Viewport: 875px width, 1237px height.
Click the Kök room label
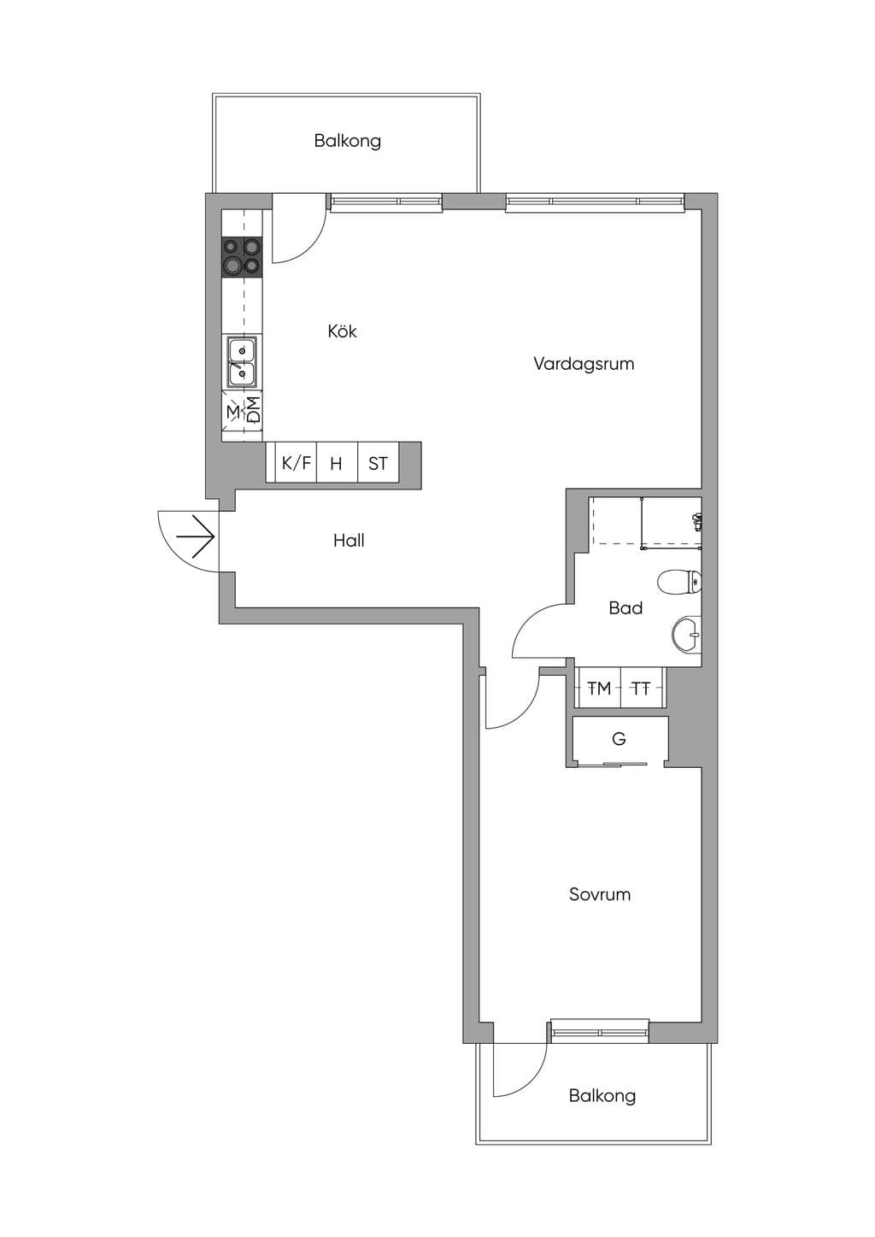coord(342,331)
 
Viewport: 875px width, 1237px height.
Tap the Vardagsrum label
coord(584,363)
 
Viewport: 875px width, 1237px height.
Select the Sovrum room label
coord(599,894)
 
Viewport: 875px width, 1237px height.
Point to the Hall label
coord(349,540)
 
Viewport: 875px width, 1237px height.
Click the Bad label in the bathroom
coord(625,608)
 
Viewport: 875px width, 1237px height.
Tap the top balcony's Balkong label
coord(348,141)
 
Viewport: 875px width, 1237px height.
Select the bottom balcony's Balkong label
coord(602,1096)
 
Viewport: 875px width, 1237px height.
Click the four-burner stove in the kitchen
coord(242,257)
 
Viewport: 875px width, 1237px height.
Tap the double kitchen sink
coord(242,361)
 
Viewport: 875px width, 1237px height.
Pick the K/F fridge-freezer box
coord(297,463)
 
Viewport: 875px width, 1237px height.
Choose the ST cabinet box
coord(378,463)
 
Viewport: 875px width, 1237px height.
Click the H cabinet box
coord(337,463)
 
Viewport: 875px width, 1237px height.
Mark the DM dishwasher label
coord(252,410)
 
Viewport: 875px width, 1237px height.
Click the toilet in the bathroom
coord(679,582)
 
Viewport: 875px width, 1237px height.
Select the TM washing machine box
coord(599,688)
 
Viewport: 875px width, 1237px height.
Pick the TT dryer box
coord(642,688)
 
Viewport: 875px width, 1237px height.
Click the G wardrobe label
coord(619,738)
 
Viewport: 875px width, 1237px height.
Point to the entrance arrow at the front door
coord(195,536)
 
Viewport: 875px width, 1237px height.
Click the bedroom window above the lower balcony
coord(599,1031)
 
